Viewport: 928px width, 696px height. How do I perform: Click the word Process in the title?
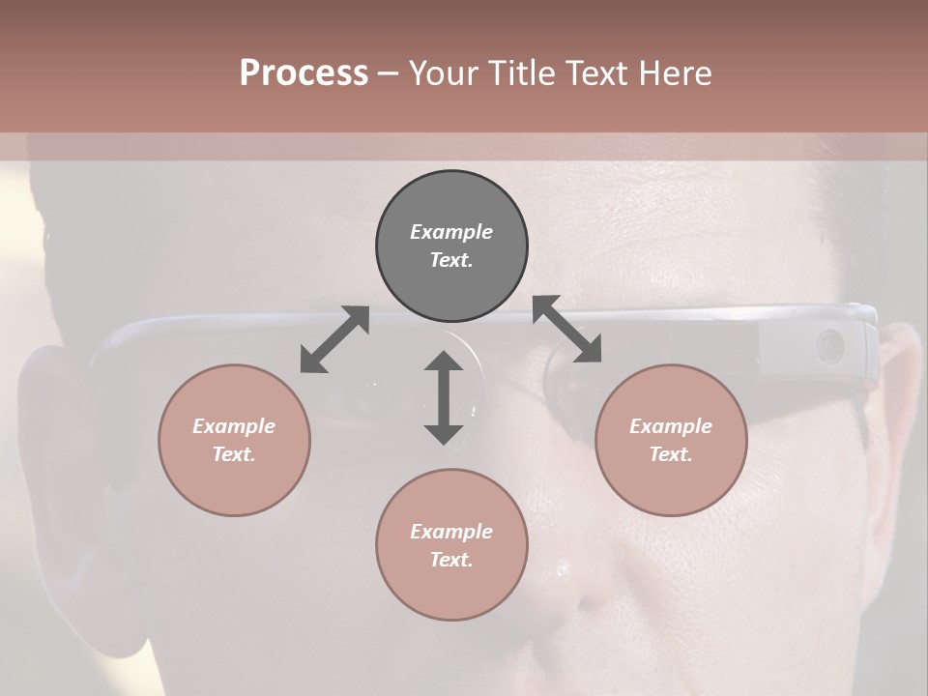tap(304, 73)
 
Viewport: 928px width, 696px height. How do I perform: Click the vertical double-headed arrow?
tap(444, 397)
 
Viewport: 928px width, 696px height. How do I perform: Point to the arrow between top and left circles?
tap(334, 339)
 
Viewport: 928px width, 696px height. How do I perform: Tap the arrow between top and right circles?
tap(566, 330)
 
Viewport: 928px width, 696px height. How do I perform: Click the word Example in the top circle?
tap(451, 232)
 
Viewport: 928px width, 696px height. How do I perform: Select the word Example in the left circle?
tap(234, 426)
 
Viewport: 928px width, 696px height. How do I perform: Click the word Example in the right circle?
tap(671, 426)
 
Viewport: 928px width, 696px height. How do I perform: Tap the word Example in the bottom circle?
tap(451, 532)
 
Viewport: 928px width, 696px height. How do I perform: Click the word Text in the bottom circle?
tap(451, 560)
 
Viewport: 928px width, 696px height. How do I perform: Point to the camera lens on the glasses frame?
tap(829, 345)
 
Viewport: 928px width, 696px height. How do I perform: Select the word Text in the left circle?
tap(234, 454)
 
